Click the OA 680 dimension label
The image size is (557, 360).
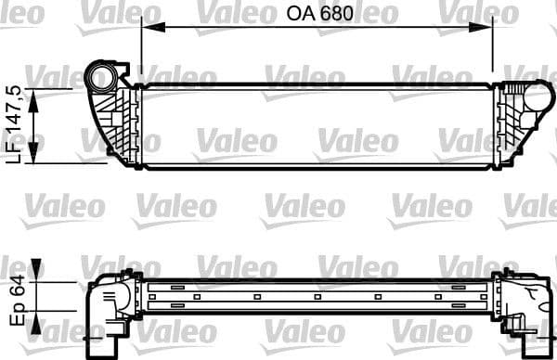(x=316, y=14)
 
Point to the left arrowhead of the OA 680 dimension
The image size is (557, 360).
(x=147, y=29)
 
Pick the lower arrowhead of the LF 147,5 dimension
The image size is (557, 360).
(x=37, y=160)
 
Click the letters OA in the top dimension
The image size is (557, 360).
(x=297, y=14)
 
